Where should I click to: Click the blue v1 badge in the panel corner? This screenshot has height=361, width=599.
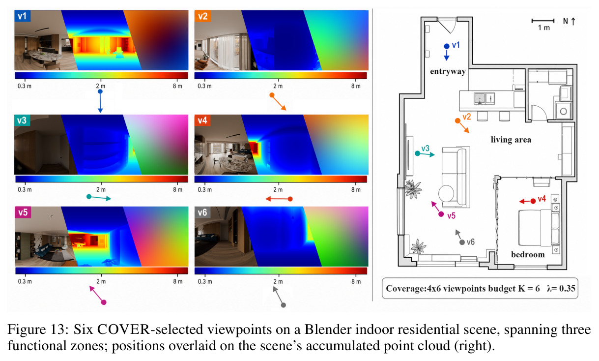[x=22, y=16]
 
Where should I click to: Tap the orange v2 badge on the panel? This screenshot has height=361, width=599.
[x=203, y=16]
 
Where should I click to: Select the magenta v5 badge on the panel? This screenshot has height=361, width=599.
[x=23, y=212]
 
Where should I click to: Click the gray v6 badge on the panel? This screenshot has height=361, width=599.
[x=202, y=212]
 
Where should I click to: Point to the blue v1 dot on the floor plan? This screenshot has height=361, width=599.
[x=446, y=46]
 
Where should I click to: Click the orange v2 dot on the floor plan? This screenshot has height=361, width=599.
[x=457, y=120]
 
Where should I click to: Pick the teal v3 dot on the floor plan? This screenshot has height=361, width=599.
[x=417, y=153]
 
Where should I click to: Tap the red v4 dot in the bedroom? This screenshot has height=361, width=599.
[x=533, y=201]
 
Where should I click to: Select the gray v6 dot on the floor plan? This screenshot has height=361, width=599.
[x=462, y=242]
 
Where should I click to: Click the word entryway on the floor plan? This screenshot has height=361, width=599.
[x=448, y=71]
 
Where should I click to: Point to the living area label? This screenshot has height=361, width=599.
[x=511, y=140]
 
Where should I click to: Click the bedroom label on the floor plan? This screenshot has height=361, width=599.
[x=528, y=254]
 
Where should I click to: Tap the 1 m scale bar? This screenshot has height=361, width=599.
[x=543, y=21]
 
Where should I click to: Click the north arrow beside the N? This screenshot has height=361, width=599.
[x=573, y=21]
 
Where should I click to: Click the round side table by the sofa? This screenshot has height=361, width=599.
[x=446, y=193]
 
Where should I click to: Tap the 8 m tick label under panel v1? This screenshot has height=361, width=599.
[x=177, y=86]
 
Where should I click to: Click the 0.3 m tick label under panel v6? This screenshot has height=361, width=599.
[x=205, y=281]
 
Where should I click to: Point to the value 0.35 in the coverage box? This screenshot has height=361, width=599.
[x=567, y=289]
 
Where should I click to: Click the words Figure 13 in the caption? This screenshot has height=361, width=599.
[x=38, y=330]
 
